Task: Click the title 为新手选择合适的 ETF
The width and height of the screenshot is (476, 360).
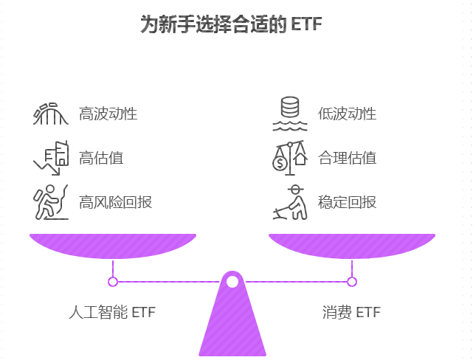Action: pyautogui.click(x=232, y=24)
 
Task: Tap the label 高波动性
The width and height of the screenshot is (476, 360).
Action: pyautogui.click(x=108, y=114)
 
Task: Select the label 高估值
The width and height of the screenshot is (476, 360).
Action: pyautogui.click(x=101, y=157)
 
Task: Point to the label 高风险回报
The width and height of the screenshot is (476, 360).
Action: pyautogui.click(x=116, y=201)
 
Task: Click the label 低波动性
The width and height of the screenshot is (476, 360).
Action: pyautogui.click(x=348, y=114)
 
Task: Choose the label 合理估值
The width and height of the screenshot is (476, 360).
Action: pyautogui.click(x=348, y=157)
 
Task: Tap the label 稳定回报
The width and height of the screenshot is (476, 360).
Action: pyautogui.click(x=348, y=201)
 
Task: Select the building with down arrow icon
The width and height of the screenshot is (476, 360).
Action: pyautogui.click(x=50, y=156)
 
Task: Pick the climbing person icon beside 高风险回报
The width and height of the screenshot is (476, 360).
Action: pyautogui.click(x=50, y=201)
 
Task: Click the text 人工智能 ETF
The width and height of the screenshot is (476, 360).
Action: pyautogui.click(x=112, y=312)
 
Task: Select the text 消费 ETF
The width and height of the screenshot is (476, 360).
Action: pyautogui.click(x=351, y=312)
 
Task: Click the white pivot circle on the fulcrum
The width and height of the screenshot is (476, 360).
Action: pyautogui.click(x=232, y=281)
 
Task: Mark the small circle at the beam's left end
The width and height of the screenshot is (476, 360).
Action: pyautogui.click(x=113, y=281)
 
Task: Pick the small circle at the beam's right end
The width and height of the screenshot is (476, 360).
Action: pyautogui.click(x=352, y=281)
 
